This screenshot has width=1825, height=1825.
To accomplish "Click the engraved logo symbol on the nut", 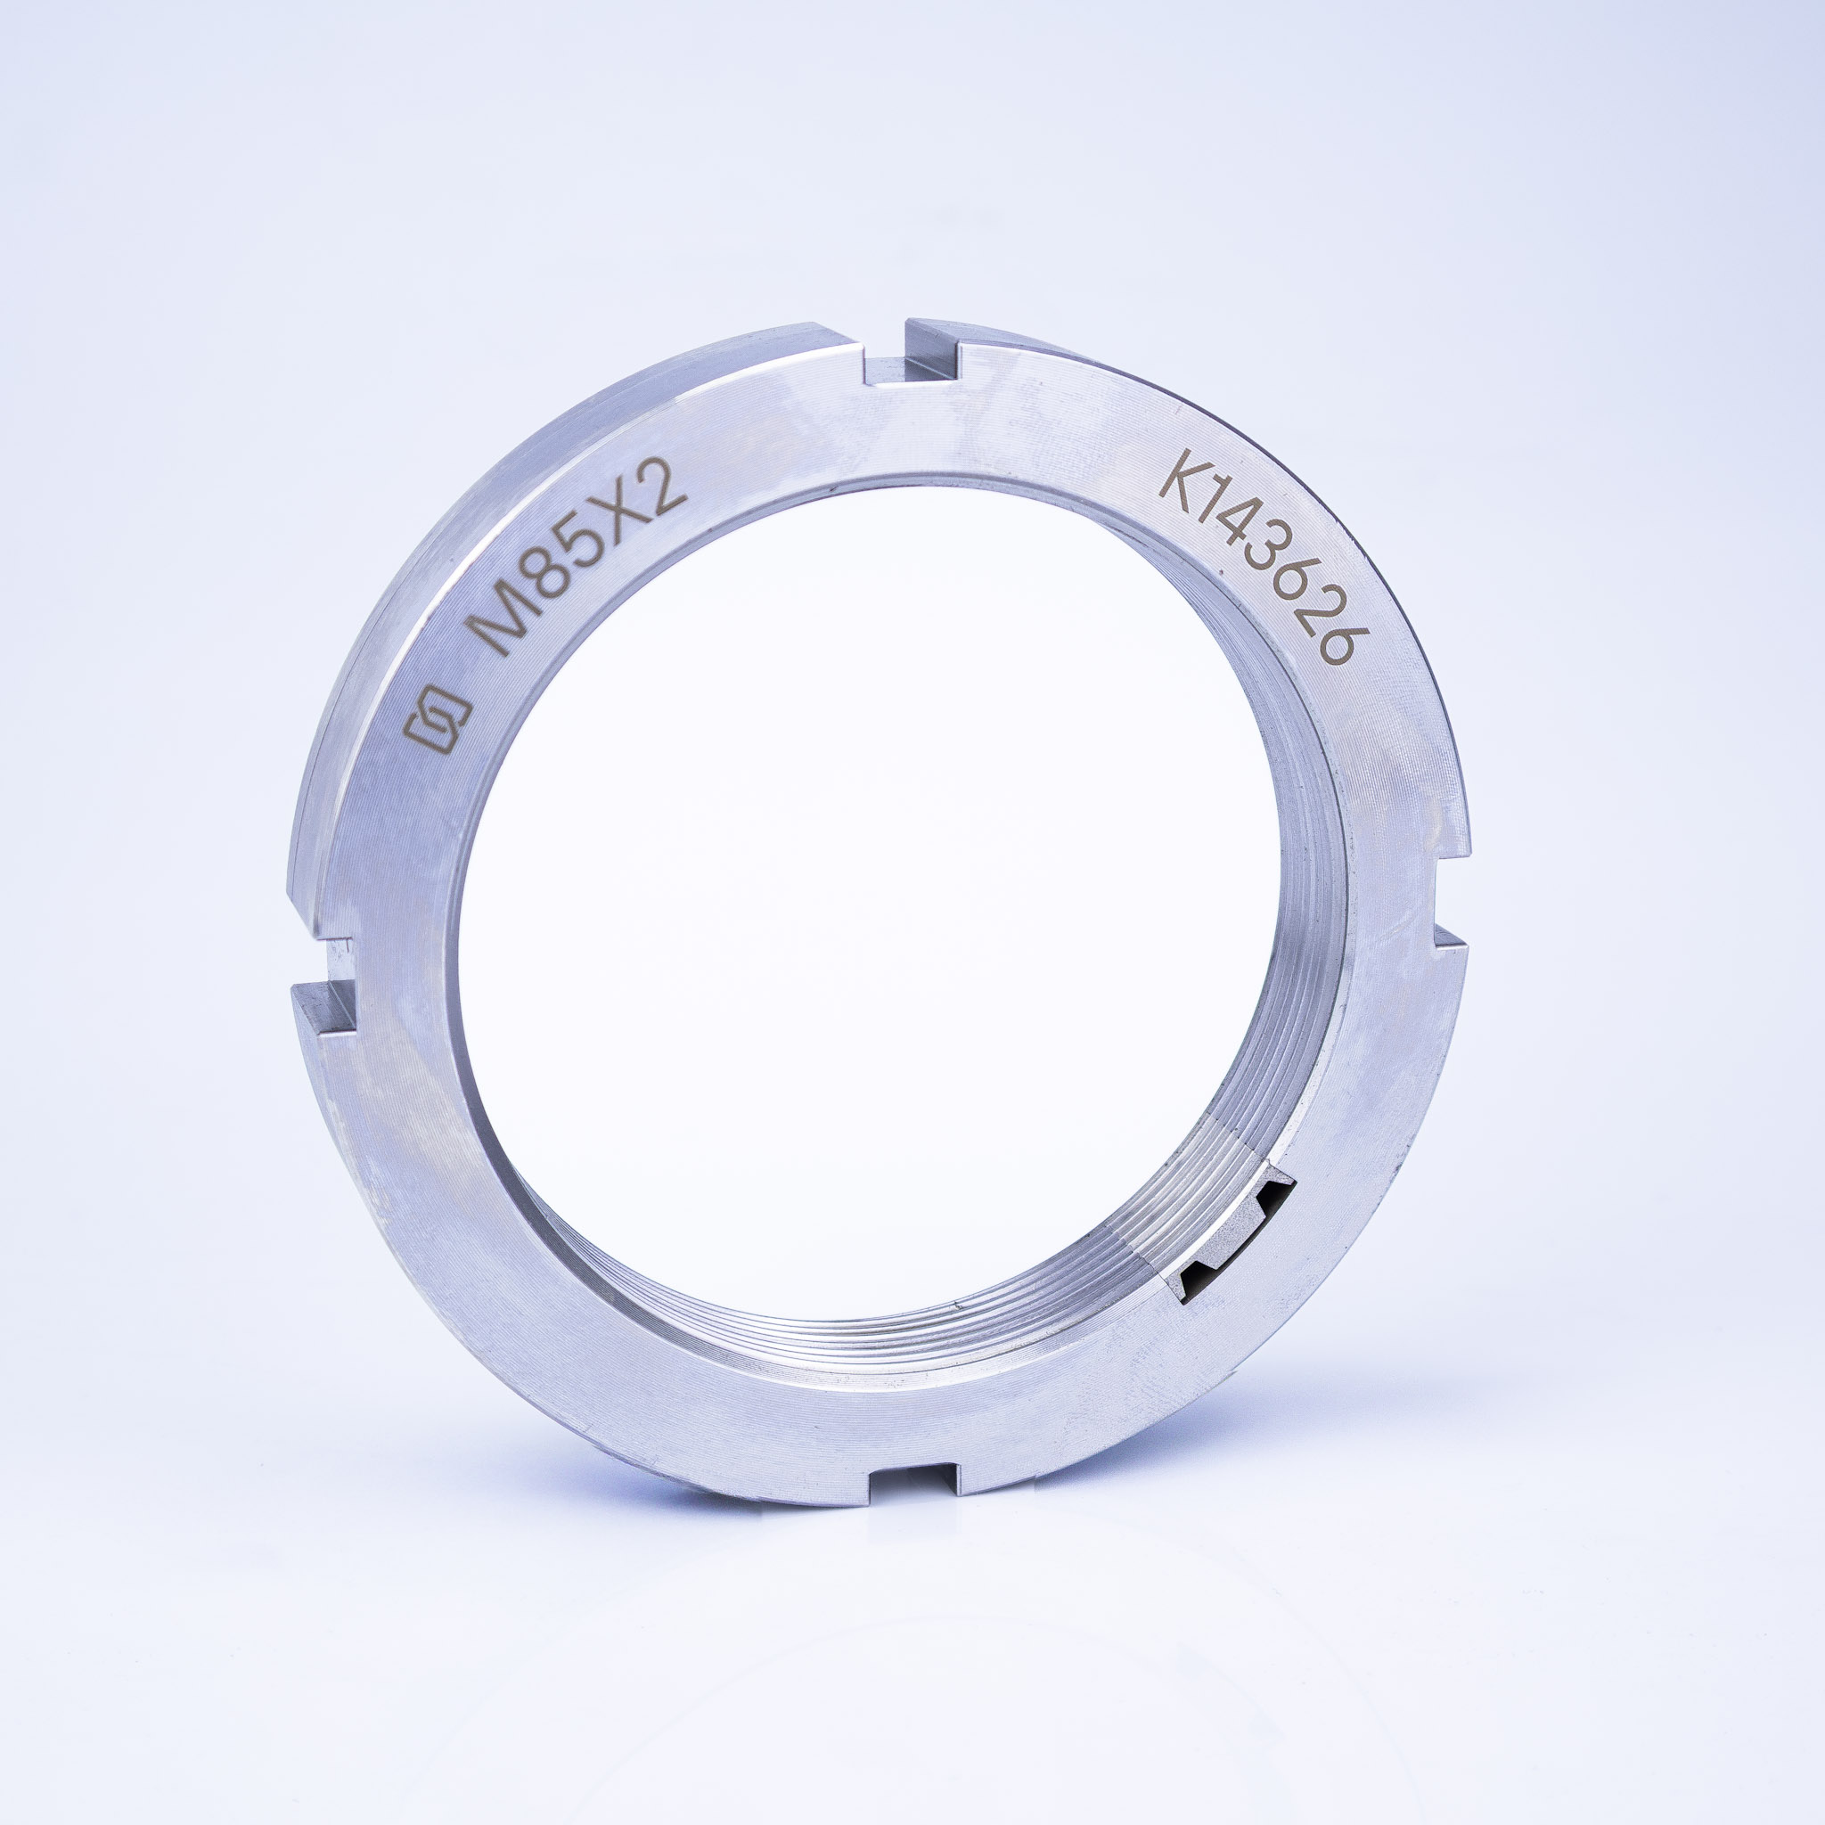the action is [x=438, y=721].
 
